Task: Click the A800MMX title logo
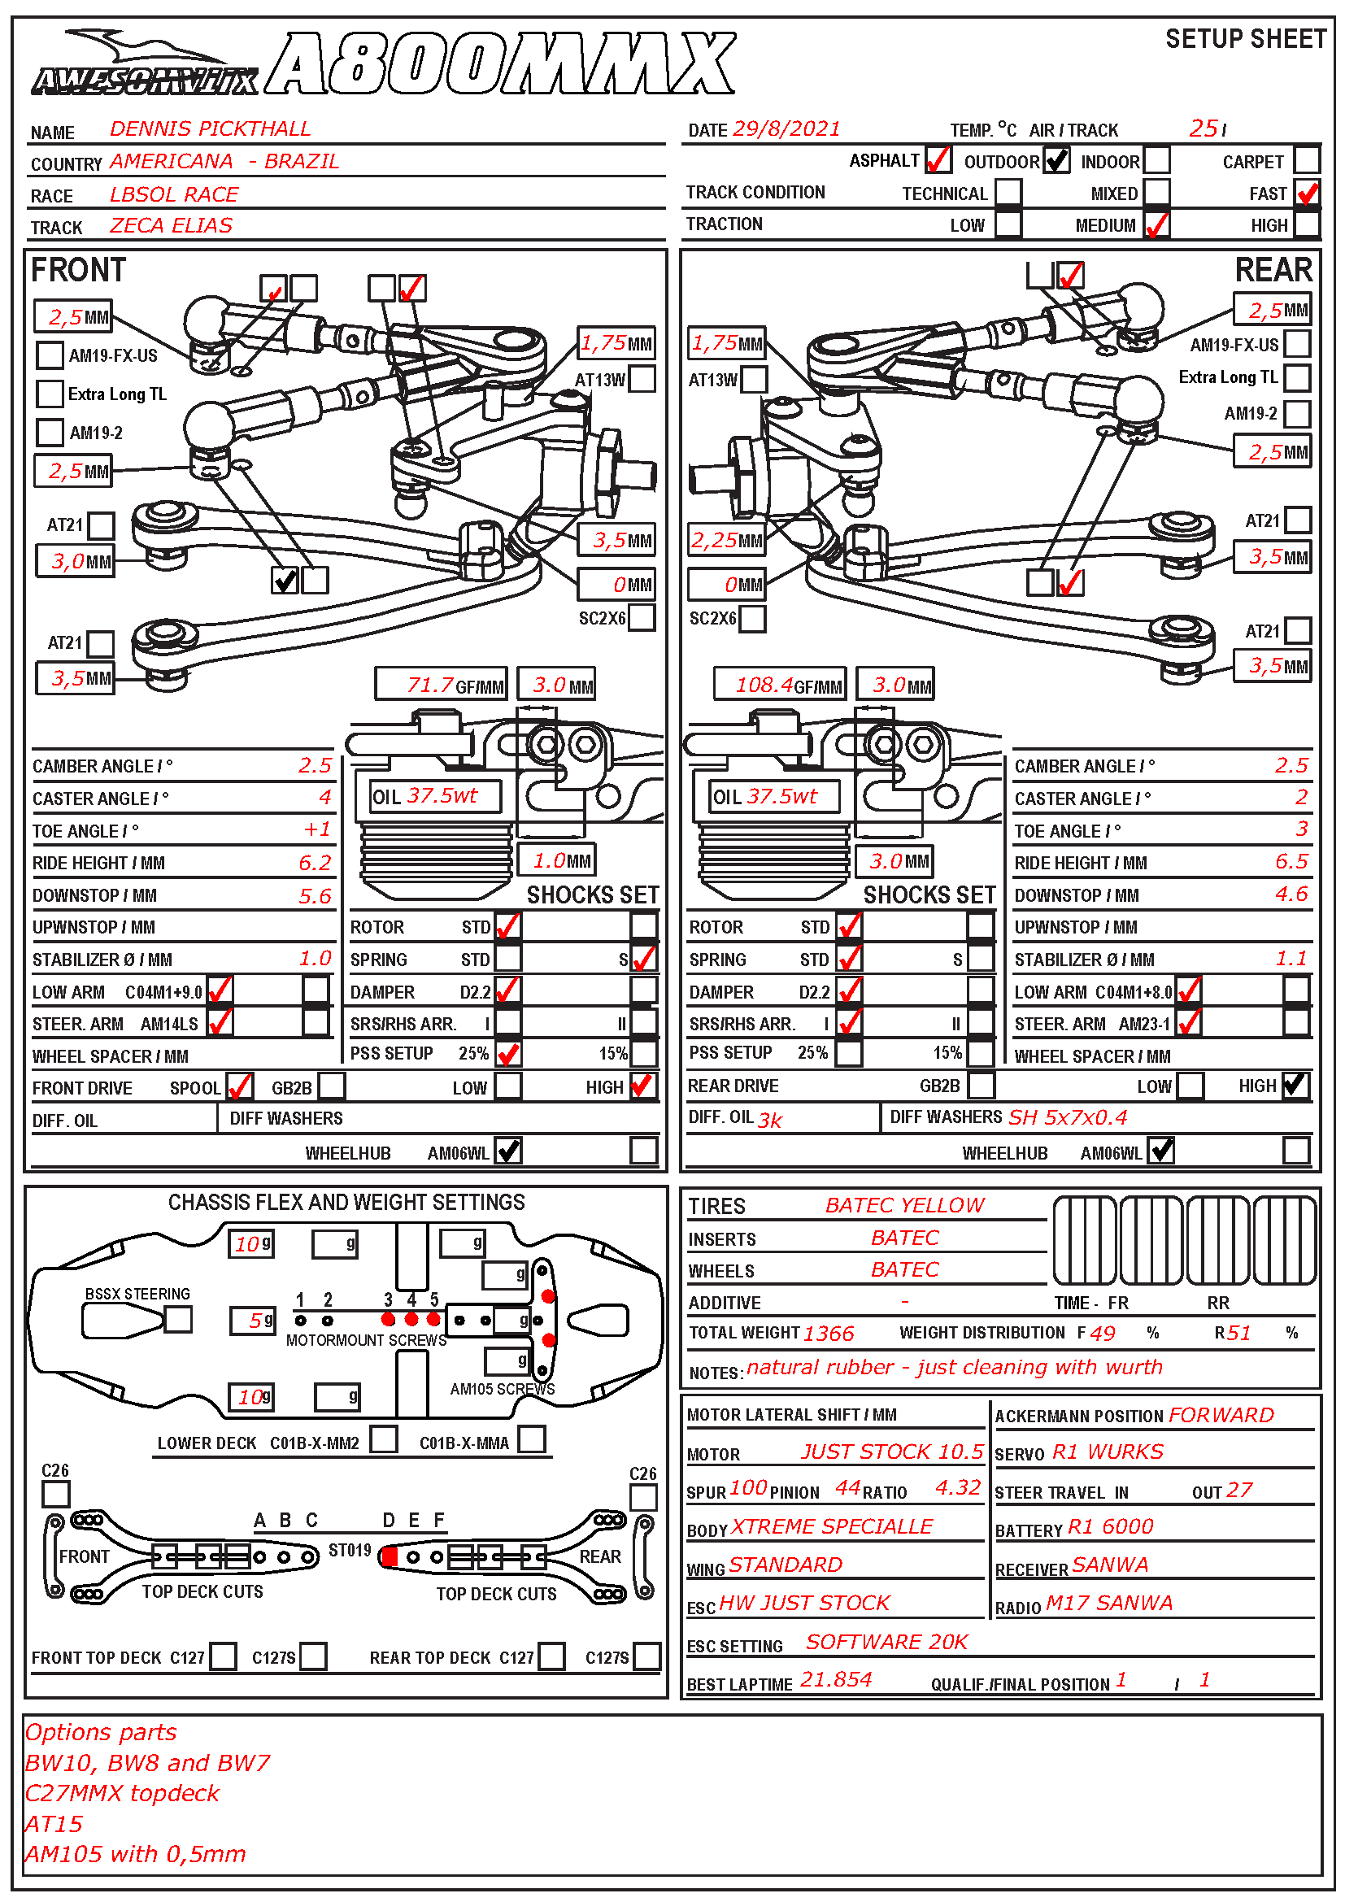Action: [x=501, y=64]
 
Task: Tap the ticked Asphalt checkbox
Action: [x=938, y=159]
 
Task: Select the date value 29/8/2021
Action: [x=786, y=129]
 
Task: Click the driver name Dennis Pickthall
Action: [x=210, y=129]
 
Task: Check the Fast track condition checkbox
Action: [x=1308, y=193]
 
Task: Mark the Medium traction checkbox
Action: [x=1156, y=224]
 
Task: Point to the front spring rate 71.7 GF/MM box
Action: [x=441, y=684]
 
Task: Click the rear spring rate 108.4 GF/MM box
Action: [x=779, y=684]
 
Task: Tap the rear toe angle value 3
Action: [x=1301, y=829]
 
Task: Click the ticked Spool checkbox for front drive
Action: [x=239, y=1086]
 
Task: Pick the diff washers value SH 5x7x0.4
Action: [x=1068, y=1117]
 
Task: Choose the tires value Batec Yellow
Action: [x=904, y=1205]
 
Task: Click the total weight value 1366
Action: [x=828, y=1333]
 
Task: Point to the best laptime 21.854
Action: [x=836, y=1680]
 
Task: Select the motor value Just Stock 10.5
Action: [x=891, y=1452]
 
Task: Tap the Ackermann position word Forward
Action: [x=1221, y=1416]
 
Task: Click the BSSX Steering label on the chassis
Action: [x=137, y=1294]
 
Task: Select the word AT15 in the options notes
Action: [x=54, y=1824]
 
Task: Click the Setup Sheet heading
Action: [x=1245, y=39]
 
